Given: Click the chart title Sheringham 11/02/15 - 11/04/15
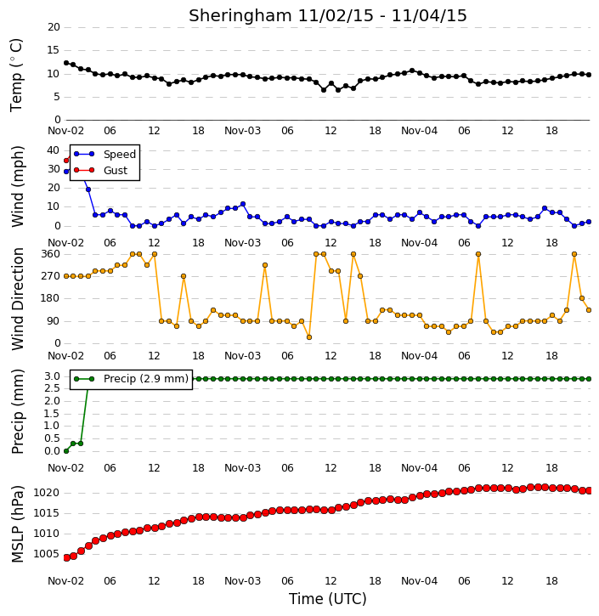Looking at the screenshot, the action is tap(328, 15).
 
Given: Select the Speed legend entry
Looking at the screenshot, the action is tap(105, 155).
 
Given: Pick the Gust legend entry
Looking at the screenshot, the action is tap(101, 171).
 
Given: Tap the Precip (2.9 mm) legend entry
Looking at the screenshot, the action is tap(131, 379).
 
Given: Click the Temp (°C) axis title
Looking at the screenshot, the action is tap(16, 75).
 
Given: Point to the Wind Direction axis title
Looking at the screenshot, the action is tap(17, 299).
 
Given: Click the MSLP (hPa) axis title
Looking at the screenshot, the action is tap(17, 524).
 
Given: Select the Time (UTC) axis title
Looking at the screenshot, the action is tap(328, 599).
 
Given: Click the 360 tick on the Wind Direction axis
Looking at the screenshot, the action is tap(51, 254).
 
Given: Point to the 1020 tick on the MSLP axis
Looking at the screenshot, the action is tap(47, 493).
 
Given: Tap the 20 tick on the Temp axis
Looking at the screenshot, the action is tap(54, 27).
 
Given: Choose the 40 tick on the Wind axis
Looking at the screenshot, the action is tap(53, 150).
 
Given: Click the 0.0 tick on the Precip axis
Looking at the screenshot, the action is tap(52, 451).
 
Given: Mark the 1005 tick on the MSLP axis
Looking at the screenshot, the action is tap(47, 554).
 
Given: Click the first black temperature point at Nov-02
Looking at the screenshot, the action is tap(66, 63).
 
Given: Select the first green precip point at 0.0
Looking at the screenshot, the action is tap(66, 451).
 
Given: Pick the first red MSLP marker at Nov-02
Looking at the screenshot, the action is tap(66, 558).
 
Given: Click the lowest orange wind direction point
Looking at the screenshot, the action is tap(309, 337).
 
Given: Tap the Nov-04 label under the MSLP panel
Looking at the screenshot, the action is tap(419, 581).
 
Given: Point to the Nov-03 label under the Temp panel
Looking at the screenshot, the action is tap(242, 131).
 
